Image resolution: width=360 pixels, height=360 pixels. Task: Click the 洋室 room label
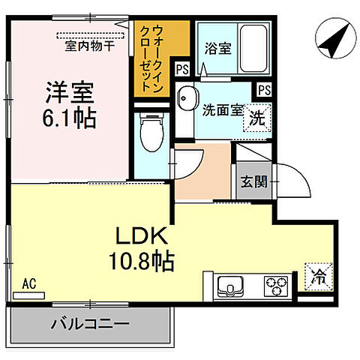click(67, 95)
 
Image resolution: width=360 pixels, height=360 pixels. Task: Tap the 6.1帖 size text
click(67, 118)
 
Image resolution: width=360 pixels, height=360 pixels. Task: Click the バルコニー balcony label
click(90, 325)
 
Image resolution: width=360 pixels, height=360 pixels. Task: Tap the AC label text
click(28, 283)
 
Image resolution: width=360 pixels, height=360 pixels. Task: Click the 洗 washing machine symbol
click(257, 118)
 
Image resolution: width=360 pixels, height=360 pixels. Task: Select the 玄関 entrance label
click(251, 181)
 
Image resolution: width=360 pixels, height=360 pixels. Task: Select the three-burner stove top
click(274, 286)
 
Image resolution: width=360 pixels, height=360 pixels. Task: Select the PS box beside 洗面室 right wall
click(262, 89)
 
